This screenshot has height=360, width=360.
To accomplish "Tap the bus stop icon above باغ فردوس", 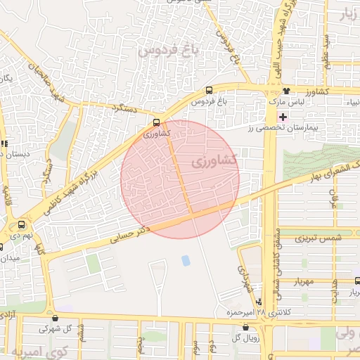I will (209, 90).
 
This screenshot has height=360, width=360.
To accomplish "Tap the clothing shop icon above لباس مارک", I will (286, 91).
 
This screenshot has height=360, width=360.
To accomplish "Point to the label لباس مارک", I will (286, 103).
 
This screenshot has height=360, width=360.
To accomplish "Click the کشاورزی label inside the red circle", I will (214, 162).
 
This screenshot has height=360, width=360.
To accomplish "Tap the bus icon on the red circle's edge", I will (157, 121).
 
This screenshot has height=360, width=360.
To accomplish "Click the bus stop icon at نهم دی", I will (21, 225).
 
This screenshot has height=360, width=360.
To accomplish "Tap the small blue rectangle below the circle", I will (186, 260).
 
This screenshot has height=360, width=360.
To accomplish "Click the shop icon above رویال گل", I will (245, 327).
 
